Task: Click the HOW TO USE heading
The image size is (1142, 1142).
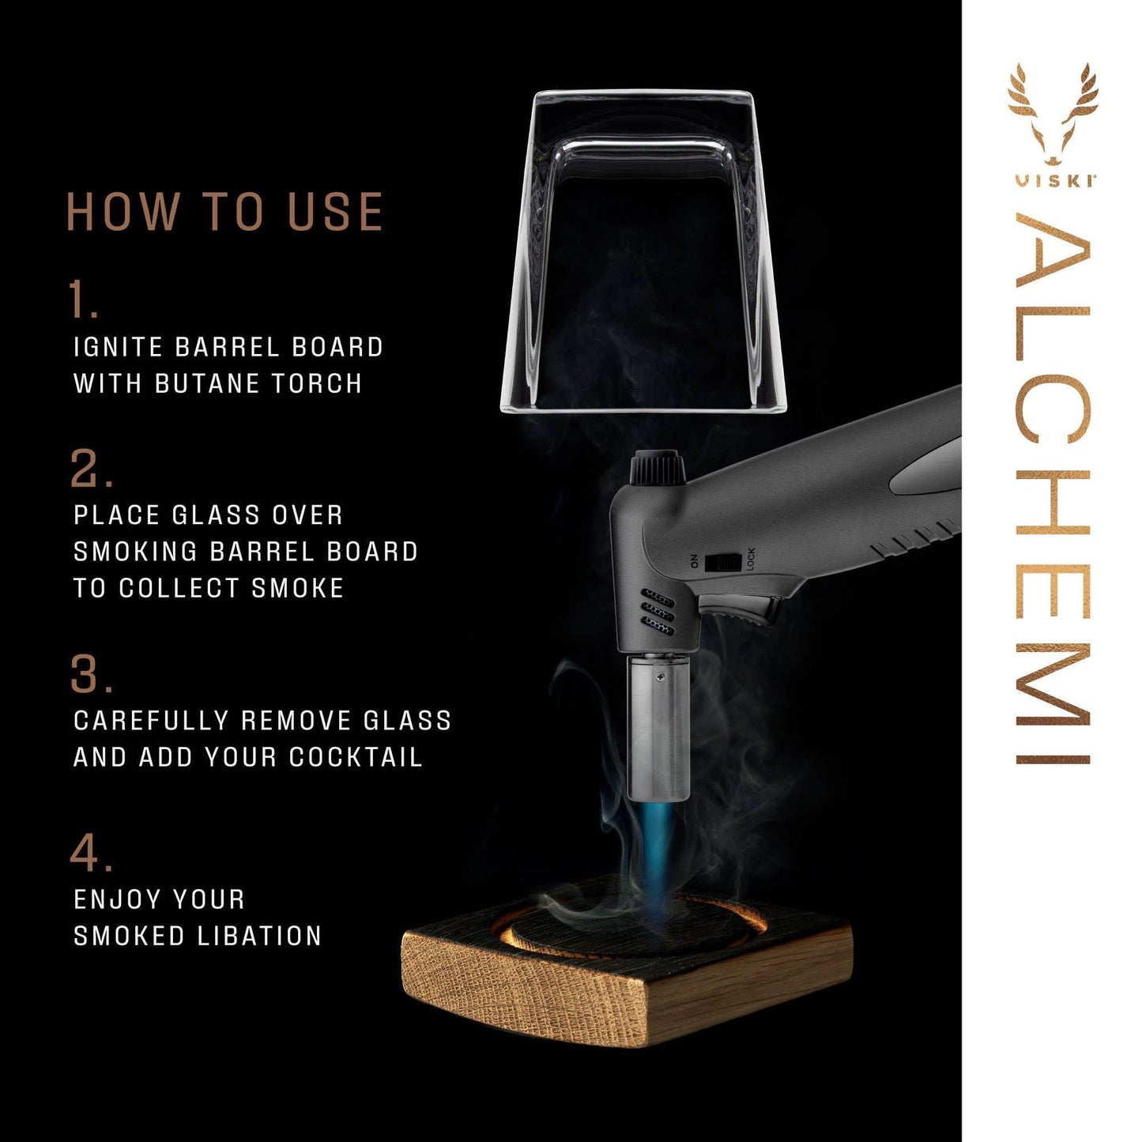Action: (225, 212)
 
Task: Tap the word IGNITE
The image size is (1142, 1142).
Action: (118, 347)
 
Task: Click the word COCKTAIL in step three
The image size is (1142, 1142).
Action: (355, 757)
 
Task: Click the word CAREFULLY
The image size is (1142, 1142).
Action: (150, 721)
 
